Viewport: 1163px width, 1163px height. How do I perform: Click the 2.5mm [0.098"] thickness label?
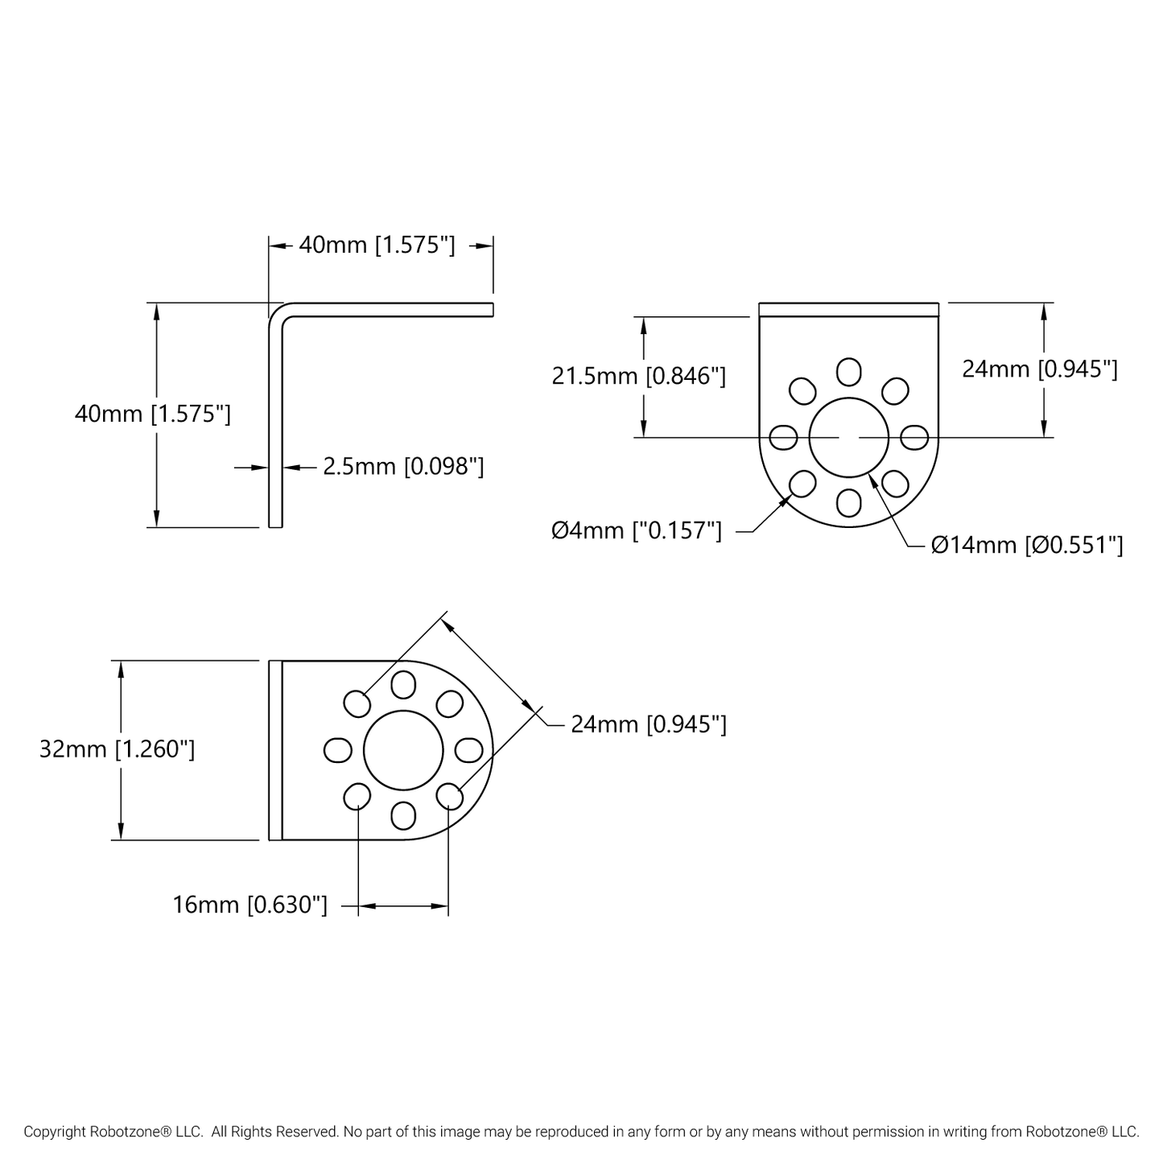[403, 466]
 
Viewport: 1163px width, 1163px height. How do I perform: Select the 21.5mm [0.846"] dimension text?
[638, 376]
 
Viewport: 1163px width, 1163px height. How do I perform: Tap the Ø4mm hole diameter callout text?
[636, 531]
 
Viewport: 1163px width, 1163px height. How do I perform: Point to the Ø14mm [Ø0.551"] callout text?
[1026, 546]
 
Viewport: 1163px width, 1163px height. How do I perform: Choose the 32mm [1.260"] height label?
[117, 749]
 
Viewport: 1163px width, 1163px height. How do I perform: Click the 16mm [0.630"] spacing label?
[250, 905]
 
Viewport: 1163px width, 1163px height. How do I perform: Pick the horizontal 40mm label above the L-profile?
[377, 245]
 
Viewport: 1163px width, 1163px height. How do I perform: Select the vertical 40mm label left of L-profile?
[152, 414]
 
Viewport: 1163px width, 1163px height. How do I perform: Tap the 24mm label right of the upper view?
[1039, 369]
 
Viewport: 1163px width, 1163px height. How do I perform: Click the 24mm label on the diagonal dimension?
[648, 724]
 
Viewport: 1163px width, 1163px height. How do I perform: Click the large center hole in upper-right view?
[848, 437]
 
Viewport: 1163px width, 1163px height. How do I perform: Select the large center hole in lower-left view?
[402, 750]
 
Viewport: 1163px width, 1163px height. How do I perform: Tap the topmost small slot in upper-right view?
[848, 372]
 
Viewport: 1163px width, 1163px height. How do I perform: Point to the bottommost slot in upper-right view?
[848, 502]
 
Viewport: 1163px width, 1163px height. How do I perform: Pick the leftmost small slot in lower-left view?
[337, 750]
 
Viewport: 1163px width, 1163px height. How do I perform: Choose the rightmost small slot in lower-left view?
[468, 750]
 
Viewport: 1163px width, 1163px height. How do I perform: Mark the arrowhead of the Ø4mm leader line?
[786, 500]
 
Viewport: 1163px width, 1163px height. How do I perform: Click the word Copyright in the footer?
[54, 1132]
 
